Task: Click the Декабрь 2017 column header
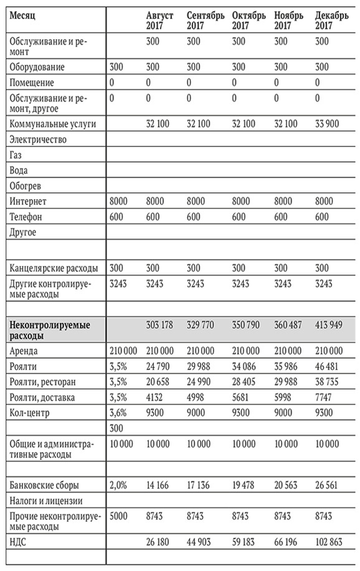(x=332, y=20)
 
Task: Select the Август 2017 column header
(x=159, y=20)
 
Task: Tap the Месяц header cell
(x=24, y=14)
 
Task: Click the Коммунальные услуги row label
(x=52, y=124)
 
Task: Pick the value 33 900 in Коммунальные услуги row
(x=328, y=124)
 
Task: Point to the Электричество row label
(x=38, y=139)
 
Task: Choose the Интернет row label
(x=28, y=201)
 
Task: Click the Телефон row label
(x=27, y=217)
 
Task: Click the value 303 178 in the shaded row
(x=161, y=325)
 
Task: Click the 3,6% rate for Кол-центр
(x=118, y=413)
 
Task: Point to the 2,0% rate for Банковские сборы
(x=118, y=484)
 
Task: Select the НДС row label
(x=19, y=542)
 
